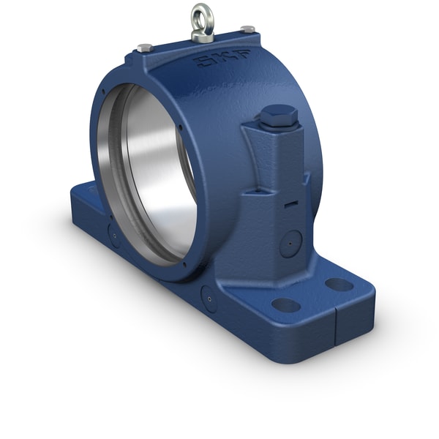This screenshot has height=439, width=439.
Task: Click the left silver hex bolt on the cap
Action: click(x=144, y=48)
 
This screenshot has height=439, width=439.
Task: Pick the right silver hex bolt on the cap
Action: click(x=248, y=29)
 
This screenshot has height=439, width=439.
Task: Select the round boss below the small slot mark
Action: click(x=290, y=241)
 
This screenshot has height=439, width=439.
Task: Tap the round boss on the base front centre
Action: click(x=209, y=298)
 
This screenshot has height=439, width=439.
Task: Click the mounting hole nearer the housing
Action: click(x=285, y=304)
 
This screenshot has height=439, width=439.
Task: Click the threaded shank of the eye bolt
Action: click(x=202, y=33)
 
